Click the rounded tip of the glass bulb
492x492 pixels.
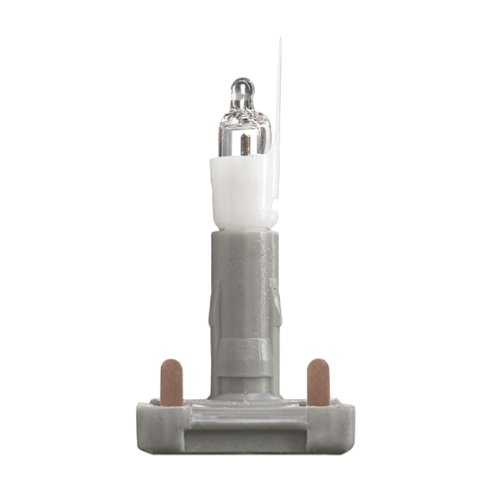click(x=241, y=85)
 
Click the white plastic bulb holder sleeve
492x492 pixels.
click(x=238, y=192)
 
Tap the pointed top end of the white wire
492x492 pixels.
click(x=278, y=41)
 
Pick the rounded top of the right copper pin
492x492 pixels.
click(x=318, y=364)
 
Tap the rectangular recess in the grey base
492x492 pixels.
click(x=244, y=429)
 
